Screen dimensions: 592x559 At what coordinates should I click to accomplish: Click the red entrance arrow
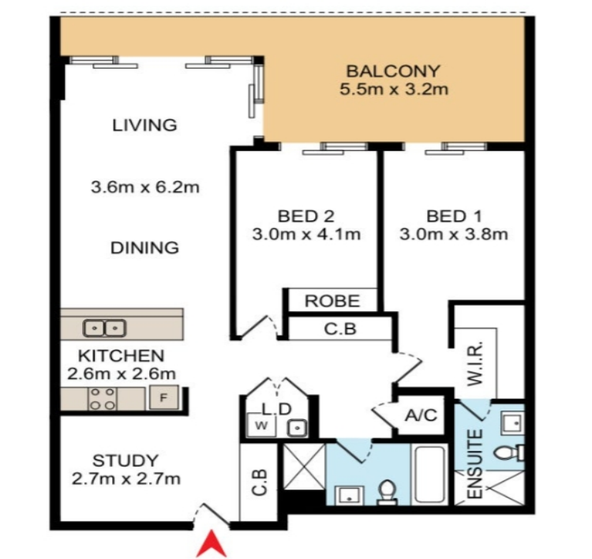(x=212, y=544)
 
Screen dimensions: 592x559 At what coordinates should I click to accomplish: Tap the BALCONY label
(x=393, y=71)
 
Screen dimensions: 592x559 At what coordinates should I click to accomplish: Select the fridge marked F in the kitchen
(x=163, y=397)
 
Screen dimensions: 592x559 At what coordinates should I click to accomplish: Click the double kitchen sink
(x=104, y=328)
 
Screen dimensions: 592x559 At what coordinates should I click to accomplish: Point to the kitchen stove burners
(x=103, y=399)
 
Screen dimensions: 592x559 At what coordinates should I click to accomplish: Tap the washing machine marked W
(x=261, y=426)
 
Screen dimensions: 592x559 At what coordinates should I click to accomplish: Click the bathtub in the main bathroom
(x=429, y=475)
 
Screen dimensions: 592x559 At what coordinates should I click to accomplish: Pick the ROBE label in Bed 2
(x=332, y=301)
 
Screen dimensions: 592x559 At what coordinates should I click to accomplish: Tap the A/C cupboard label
(x=421, y=415)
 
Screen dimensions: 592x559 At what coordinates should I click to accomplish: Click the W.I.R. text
(x=475, y=363)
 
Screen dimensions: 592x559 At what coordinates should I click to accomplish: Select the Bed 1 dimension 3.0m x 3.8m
(x=453, y=234)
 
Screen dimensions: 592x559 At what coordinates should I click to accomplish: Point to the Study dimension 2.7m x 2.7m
(x=126, y=479)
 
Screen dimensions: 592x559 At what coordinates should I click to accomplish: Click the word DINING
(x=144, y=248)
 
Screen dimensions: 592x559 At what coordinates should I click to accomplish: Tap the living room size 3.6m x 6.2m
(x=145, y=187)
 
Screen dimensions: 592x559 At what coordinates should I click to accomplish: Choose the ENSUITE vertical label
(x=475, y=464)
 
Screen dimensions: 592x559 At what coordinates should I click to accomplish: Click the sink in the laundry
(x=297, y=428)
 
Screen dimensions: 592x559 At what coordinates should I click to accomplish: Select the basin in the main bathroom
(x=350, y=495)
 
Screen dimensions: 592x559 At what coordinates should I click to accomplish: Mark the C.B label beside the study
(x=260, y=482)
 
